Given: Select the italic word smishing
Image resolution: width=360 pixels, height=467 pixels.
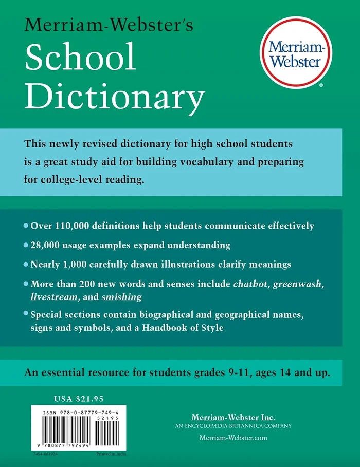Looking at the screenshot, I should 122,297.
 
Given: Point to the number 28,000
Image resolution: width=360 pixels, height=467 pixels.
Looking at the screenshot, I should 48,245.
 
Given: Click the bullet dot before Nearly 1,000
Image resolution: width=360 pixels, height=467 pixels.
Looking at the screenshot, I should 26,265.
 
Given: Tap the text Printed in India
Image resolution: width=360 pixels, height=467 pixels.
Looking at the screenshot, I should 111,455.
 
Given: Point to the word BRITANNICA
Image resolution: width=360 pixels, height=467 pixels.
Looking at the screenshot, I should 249,426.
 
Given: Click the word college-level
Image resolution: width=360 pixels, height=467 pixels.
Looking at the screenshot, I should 71,180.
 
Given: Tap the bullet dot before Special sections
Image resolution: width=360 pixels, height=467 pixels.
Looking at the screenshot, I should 26,314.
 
